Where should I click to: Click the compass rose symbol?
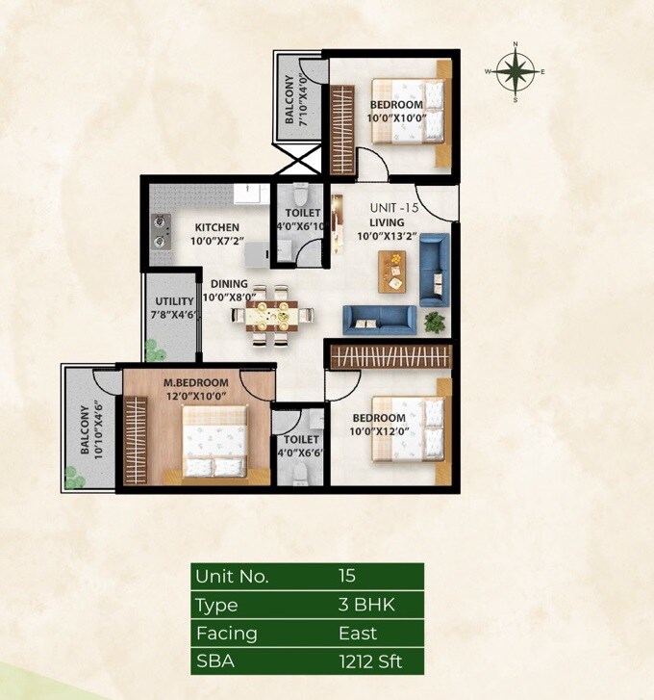[516, 71]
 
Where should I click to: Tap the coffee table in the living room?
[393, 271]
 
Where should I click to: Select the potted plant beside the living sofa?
[435, 321]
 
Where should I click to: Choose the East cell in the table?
[358, 634]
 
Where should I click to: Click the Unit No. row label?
[232, 577]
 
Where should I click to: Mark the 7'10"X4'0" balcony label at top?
[302, 100]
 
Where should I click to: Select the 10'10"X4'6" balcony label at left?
[96, 429]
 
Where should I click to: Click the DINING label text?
[230, 284]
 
